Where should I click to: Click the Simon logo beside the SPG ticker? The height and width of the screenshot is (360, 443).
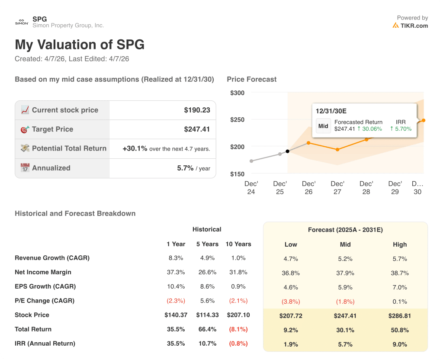coord(22,22)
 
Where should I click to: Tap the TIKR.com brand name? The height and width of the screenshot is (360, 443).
coord(414,26)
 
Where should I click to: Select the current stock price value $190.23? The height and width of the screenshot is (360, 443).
coord(197,110)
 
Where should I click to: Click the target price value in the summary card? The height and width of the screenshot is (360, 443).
coord(197,129)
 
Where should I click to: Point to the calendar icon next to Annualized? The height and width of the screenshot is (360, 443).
coord(25,168)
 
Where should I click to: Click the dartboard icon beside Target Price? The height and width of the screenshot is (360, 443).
coord(25,129)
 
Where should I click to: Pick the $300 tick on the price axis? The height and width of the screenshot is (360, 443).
coord(237,93)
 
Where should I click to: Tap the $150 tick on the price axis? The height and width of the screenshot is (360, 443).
coord(237,174)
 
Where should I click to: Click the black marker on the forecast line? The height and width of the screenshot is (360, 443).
coord(288,151)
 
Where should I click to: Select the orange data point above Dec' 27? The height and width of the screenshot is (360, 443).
coord(337,150)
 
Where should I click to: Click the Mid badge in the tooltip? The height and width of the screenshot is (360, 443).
coord(323,126)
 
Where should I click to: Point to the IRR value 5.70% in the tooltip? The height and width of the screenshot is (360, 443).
coord(401,129)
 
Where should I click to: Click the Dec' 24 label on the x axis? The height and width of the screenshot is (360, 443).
coord(251,188)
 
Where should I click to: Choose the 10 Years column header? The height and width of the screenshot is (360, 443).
coord(238,244)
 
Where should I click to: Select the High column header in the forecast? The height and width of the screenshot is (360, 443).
coord(400,244)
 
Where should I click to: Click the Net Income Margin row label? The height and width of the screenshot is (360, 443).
coord(43,272)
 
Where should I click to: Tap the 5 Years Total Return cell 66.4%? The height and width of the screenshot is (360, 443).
coord(207,329)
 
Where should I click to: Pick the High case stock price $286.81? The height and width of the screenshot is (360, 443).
coord(400,316)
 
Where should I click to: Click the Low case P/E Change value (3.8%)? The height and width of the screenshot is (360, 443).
coord(291,302)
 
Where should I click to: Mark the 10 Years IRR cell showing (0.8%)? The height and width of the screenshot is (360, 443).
coord(238,344)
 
